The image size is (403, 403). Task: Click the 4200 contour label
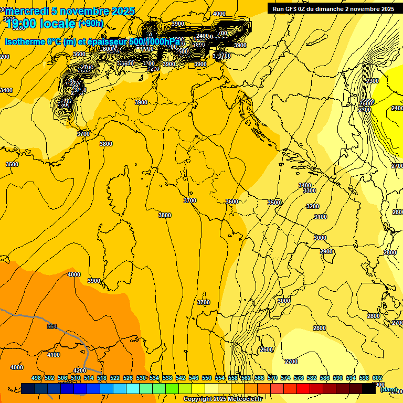point(80,370)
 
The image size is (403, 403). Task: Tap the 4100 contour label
point(54,355)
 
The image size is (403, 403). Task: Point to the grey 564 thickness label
point(52,326)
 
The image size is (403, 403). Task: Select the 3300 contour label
point(310,190)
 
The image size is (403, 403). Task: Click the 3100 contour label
point(320,217)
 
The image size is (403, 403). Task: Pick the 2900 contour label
point(326,251)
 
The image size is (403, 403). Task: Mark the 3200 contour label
point(313,206)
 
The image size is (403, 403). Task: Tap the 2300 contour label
point(373,81)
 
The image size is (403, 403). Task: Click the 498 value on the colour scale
point(36,378)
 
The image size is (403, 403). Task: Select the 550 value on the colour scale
point(207,378)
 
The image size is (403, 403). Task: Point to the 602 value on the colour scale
point(377,378)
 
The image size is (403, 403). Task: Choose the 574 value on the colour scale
point(285,378)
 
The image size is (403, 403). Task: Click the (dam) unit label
point(388,389)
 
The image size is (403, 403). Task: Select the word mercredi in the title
point(25,11)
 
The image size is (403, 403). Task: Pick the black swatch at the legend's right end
point(369,388)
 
